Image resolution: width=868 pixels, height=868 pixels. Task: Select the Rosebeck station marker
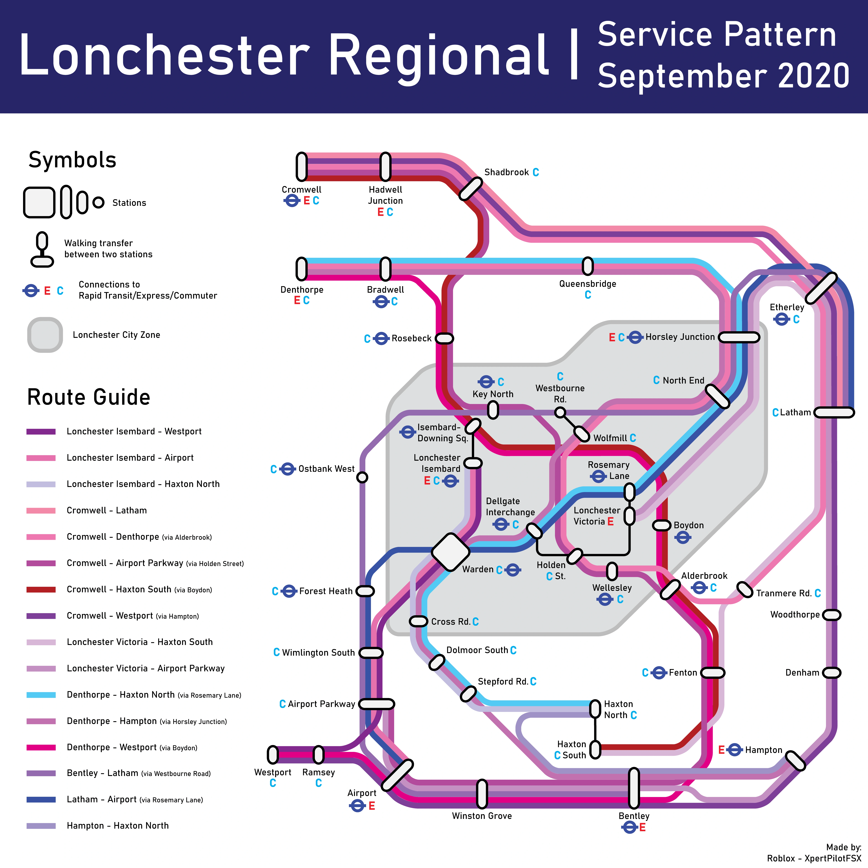click(444, 338)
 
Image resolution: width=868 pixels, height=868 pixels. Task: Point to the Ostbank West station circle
click(362, 477)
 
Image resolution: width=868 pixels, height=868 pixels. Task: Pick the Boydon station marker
click(661, 525)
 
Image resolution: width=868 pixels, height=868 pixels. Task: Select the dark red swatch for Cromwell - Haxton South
click(41, 589)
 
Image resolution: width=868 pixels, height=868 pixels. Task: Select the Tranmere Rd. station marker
click(744, 589)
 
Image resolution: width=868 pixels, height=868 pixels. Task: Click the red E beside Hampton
click(721, 750)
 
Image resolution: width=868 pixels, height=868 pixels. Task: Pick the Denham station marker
click(831, 673)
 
